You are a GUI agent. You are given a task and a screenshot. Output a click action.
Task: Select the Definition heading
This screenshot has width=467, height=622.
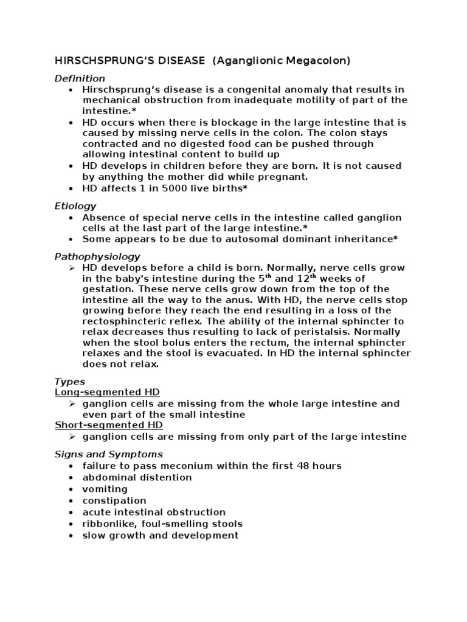pos(80,78)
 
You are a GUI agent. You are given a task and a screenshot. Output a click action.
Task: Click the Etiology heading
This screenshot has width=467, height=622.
pos(75,206)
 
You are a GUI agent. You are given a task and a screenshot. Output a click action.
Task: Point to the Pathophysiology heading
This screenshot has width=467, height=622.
pos(97,256)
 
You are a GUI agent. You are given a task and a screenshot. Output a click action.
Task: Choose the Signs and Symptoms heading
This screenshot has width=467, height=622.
pos(109,454)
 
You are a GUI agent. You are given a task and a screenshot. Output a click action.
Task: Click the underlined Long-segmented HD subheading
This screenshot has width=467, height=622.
pos(107,392)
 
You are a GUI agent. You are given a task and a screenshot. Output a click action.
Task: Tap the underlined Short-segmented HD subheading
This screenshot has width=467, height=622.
pos(109,425)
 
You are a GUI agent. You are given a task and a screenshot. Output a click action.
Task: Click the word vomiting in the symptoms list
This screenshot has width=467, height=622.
pos(105,489)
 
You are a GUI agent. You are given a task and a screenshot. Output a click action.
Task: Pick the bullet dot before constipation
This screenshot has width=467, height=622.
pos(71,501)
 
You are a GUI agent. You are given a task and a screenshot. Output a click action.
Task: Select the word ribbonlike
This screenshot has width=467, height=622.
pos(107,524)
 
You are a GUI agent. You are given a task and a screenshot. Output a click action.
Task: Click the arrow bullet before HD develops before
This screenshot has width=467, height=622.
pos(71,268)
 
